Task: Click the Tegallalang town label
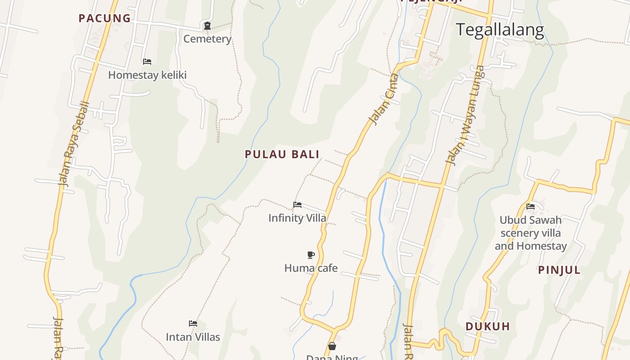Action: pyautogui.click(x=500, y=30)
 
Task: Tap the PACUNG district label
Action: pyautogui.click(x=104, y=18)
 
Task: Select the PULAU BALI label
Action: pyautogui.click(x=282, y=154)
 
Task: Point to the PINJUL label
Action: pyautogui.click(x=559, y=270)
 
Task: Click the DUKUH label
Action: pyautogui.click(x=488, y=327)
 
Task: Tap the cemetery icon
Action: pyautogui.click(x=207, y=26)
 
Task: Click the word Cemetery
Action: pyautogui.click(x=207, y=39)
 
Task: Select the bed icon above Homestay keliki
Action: pyautogui.click(x=147, y=61)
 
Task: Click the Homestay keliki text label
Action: pyautogui.click(x=147, y=75)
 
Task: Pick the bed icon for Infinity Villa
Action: pyautogui.click(x=297, y=205)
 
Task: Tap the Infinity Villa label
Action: pyautogui.click(x=297, y=218)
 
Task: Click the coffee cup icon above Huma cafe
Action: pyautogui.click(x=310, y=255)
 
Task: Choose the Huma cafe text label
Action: pyautogui.click(x=310, y=268)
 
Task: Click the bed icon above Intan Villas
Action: pyautogui.click(x=193, y=323)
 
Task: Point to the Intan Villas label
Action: pyautogui.click(x=193, y=337)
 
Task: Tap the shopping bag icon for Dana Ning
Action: pyautogui.click(x=332, y=346)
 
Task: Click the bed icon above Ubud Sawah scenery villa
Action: pyautogui.click(x=531, y=207)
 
